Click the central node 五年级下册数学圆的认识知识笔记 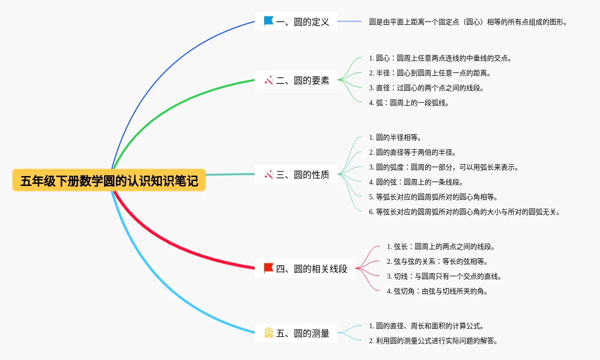point(109,181)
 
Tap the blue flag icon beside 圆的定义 point(269,21)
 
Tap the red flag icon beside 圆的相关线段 point(269,268)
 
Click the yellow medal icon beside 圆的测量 point(269,333)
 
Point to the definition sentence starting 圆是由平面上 point(468,22)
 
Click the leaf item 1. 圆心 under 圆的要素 point(440,58)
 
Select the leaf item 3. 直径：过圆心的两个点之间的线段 point(426,88)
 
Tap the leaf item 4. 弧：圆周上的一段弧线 point(409,103)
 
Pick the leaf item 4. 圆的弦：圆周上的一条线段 point(416,182)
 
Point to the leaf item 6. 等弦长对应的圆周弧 point(465,212)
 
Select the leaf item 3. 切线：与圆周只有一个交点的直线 point(444,276)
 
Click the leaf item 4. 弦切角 point(437,291)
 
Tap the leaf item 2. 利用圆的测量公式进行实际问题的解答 point(433,341)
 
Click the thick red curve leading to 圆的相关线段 point(164,248)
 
